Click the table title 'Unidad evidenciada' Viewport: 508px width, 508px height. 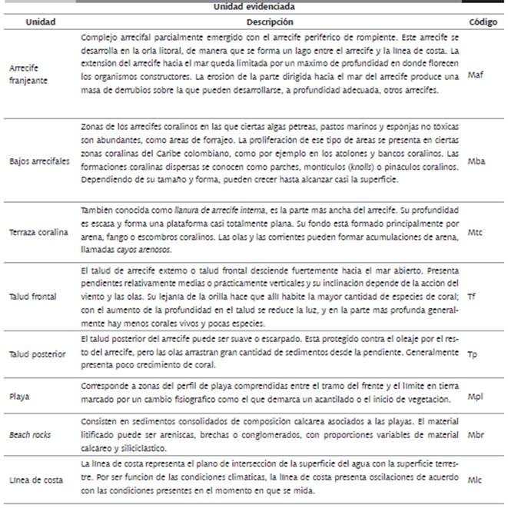click(x=253, y=6)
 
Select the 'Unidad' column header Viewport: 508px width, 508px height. click(x=40, y=22)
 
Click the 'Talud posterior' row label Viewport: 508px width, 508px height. click(x=38, y=354)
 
